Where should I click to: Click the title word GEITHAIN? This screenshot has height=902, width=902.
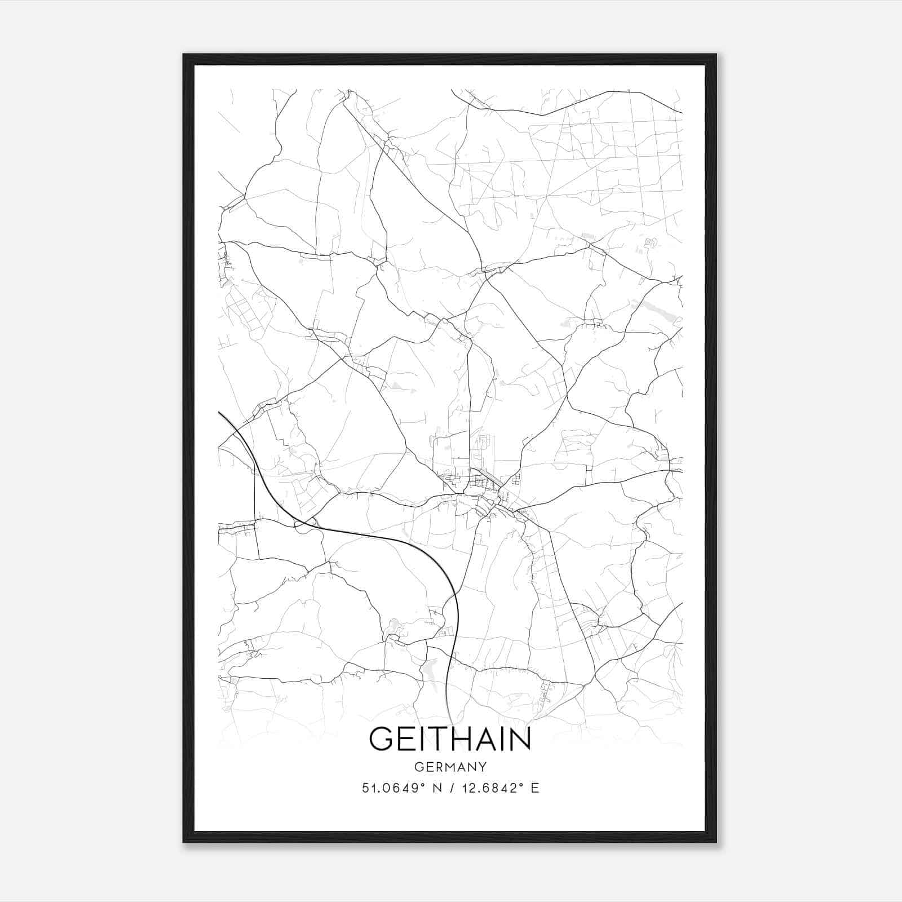[450, 739]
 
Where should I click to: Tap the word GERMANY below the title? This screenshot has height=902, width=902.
[450, 767]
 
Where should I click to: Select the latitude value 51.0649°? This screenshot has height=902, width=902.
[393, 788]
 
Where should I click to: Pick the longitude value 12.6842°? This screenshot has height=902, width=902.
[492, 788]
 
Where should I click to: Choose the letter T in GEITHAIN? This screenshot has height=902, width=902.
[439, 739]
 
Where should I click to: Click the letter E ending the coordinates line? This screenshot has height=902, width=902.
[535, 788]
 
